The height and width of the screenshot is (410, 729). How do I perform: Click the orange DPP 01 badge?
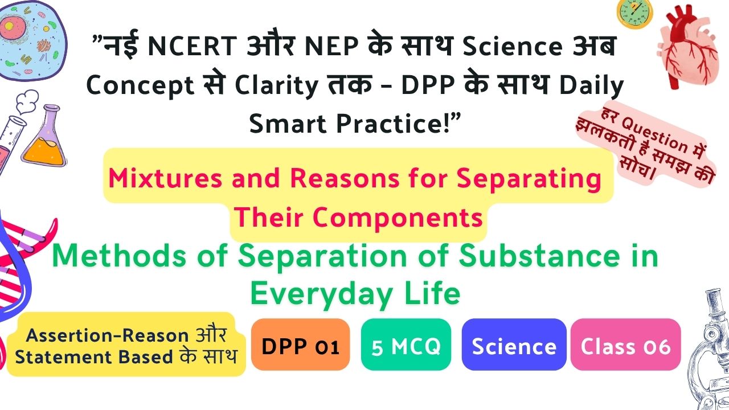tap(300, 345)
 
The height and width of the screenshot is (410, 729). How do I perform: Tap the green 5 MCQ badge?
tap(406, 345)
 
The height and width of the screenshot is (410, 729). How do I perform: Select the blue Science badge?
tap(514, 345)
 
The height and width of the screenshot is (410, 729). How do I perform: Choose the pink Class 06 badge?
tap(625, 345)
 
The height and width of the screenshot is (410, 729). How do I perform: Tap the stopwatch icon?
tap(634, 14)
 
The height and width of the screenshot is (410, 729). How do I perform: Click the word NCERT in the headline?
tap(193, 46)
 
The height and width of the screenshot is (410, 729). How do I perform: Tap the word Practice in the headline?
tap(389, 124)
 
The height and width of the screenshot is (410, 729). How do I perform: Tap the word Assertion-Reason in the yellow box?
tap(108, 335)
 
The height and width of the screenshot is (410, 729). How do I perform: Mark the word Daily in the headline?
tap(591, 86)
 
